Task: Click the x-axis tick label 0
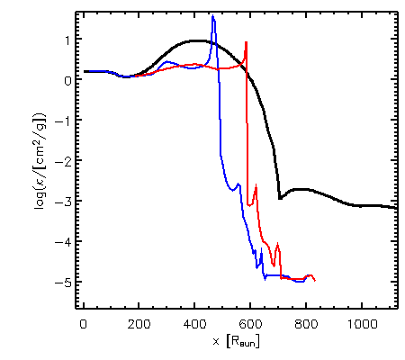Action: (x=83, y=324)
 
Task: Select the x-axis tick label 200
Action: (x=139, y=324)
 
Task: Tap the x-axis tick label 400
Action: (x=194, y=324)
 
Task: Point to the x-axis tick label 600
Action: (x=250, y=324)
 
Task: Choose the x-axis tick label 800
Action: (x=306, y=324)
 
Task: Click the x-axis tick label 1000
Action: (x=362, y=324)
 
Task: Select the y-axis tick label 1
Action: (x=67, y=40)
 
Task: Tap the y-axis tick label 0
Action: (x=67, y=80)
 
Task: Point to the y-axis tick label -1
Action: (x=64, y=121)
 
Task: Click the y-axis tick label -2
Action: (x=63, y=161)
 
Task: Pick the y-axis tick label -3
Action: (x=63, y=202)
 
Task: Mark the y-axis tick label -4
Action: (x=63, y=242)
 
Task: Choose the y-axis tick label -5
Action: (x=63, y=283)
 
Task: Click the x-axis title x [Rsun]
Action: (x=236, y=341)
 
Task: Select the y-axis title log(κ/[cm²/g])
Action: (x=40, y=161)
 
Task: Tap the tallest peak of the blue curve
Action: (x=212, y=15)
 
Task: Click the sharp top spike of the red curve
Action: (x=247, y=42)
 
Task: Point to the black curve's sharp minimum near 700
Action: (x=280, y=198)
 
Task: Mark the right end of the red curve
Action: (x=315, y=281)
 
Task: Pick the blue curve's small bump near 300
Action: (x=167, y=62)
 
